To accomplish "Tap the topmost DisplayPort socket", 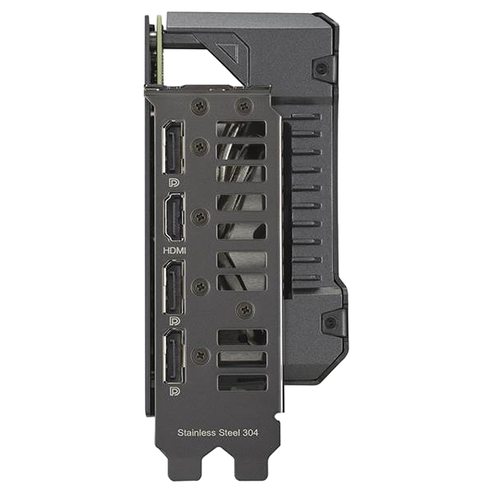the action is (173, 147).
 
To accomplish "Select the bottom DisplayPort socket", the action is (173, 356).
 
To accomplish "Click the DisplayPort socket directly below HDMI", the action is (173, 287).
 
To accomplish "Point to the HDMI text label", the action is (174, 251).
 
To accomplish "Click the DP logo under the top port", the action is (174, 182).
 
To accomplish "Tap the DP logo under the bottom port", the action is (174, 391).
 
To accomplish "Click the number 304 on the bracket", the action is (251, 433).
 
